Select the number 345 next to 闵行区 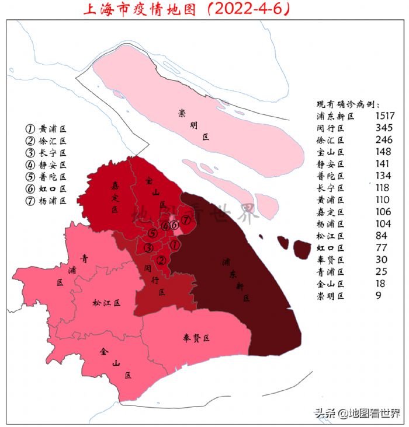coord(383,128)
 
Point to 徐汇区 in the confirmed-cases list coord(330,140)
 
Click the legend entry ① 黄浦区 coord(46,128)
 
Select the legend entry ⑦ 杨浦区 coord(46,200)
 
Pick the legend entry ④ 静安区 coord(46,164)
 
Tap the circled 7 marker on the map coord(185,220)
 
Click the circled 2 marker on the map coord(162,260)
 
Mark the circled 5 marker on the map coord(152,234)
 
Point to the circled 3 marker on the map coord(148,248)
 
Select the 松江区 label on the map coord(106,303)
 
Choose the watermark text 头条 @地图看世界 coord(358,414)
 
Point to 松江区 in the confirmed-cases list coord(330,236)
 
